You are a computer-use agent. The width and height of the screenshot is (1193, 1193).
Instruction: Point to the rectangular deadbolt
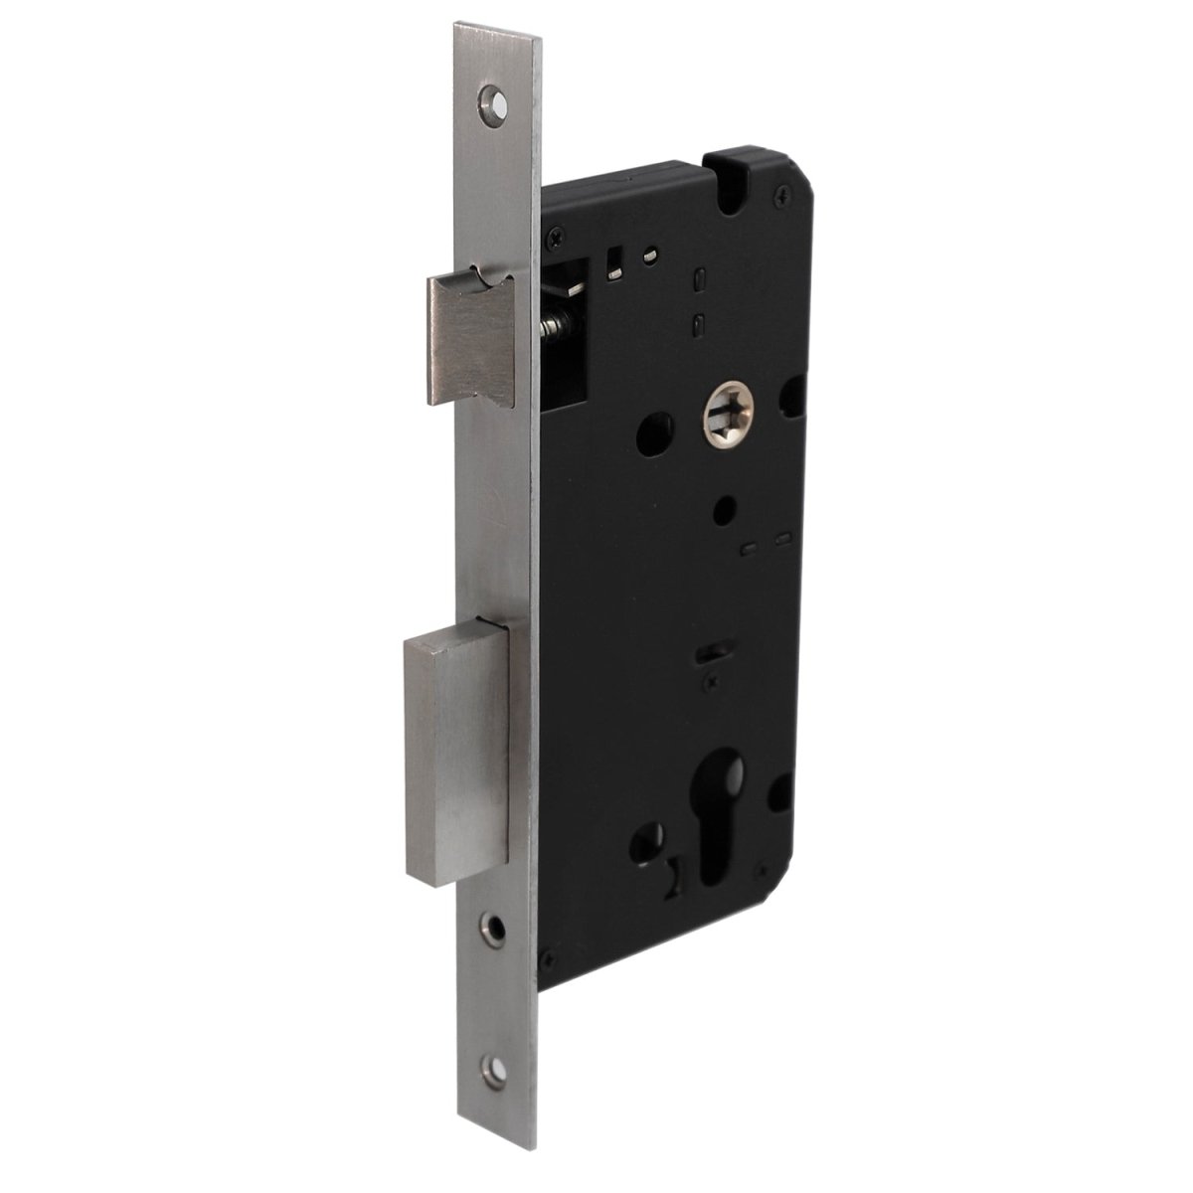(457, 756)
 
